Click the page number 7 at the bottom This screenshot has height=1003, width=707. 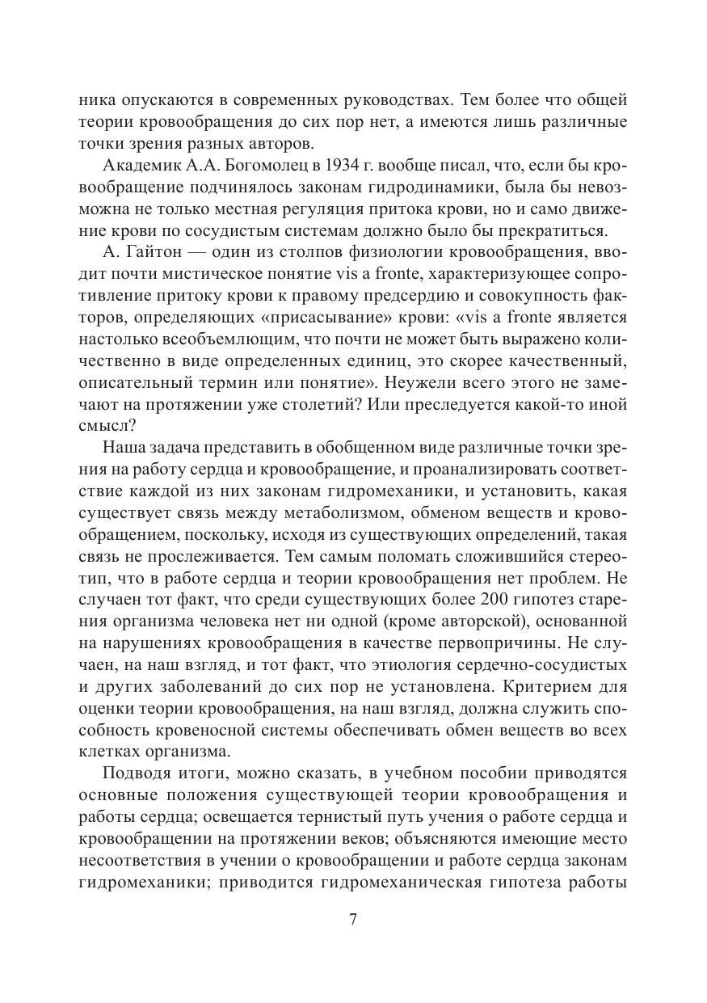coord(352,920)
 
